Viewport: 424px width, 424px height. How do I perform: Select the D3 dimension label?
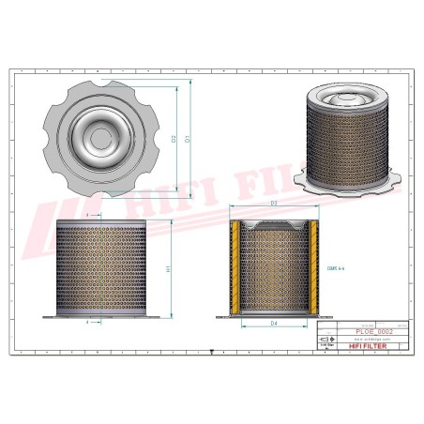click(x=273, y=203)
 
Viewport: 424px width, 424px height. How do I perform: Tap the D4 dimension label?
click(x=273, y=325)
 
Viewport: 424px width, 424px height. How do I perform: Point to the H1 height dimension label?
click(x=168, y=268)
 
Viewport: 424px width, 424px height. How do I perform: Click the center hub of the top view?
click(x=99, y=139)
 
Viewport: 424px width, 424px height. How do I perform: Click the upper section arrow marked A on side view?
click(x=88, y=216)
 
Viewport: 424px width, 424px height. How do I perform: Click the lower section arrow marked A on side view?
click(x=88, y=322)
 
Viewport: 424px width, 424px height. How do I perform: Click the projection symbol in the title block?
click(x=326, y=341)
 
